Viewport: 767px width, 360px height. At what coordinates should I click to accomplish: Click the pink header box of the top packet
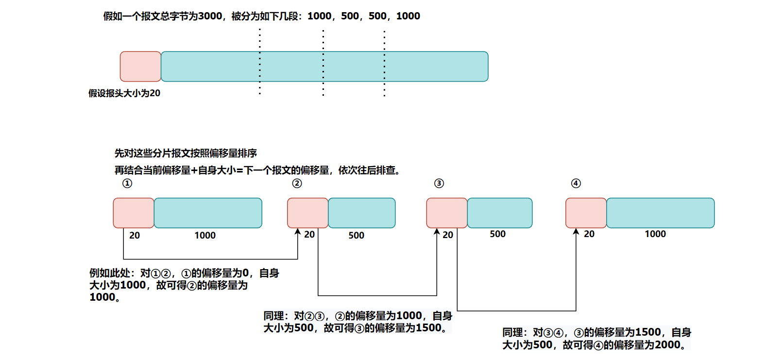tap(140, 67)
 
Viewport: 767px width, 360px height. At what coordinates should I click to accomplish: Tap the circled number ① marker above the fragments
tap(127, 183)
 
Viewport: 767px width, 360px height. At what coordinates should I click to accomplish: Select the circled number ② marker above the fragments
tap(297, 183)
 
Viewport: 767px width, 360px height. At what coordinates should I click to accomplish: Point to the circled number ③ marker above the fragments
tap(439, 183)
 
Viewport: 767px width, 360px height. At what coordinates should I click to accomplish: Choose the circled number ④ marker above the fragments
tap(576, 183)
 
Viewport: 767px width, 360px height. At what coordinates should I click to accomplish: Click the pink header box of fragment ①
tap(134, 213)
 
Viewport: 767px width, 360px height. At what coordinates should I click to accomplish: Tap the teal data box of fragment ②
tap(361, 213)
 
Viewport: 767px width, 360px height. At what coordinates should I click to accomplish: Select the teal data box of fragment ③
tap(499, 213)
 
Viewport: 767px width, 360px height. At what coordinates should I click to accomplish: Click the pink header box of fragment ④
tap(586, 213)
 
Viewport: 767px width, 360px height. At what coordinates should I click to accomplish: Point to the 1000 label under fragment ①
tap(205, 236)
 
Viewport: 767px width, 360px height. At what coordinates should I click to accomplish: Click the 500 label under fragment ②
tap(356, 236)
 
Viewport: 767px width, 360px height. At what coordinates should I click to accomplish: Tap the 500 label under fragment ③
tap(497, 234)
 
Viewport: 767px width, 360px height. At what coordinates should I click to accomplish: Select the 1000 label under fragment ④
tap(655, 234)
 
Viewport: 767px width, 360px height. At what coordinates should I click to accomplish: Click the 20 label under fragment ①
tap(135, 236)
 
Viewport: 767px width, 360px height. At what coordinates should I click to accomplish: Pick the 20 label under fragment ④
tap(589, 234)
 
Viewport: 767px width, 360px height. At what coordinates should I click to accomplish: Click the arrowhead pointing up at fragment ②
tap(298, 232)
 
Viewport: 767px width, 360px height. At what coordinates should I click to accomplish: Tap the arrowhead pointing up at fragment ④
tap(576, 232)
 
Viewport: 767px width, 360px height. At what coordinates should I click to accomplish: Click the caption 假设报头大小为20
tap(124, 93)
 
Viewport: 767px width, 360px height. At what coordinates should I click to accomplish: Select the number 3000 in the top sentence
tap(210, 16)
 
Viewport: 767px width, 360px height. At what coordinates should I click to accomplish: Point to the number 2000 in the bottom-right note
tap(667, 345)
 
